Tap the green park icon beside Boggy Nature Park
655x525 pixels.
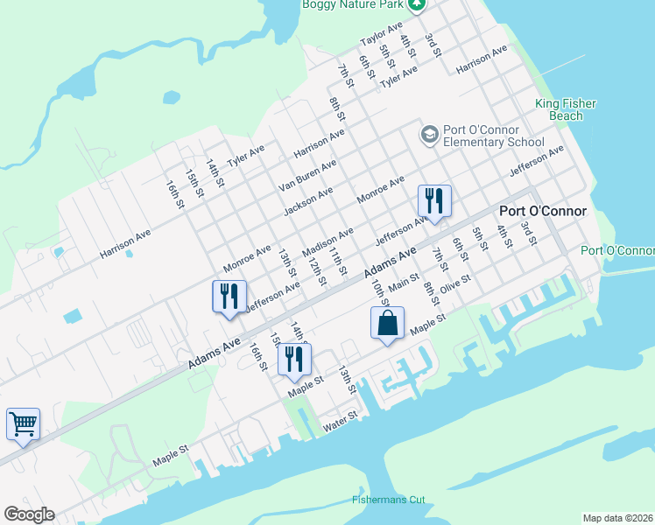417,4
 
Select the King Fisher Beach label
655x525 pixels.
566,109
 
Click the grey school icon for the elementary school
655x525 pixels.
429,134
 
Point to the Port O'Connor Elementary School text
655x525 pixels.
493,135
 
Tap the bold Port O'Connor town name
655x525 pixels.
542,212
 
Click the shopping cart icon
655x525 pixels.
23,424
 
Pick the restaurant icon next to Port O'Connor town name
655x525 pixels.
434,201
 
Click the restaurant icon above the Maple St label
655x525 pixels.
294,359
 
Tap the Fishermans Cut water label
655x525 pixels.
388,500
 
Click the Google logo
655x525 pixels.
29,514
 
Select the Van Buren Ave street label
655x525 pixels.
307,176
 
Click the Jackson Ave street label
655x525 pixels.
308,202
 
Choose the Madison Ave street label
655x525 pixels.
327,242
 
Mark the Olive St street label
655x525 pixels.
455,284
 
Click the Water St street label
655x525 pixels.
341,422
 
